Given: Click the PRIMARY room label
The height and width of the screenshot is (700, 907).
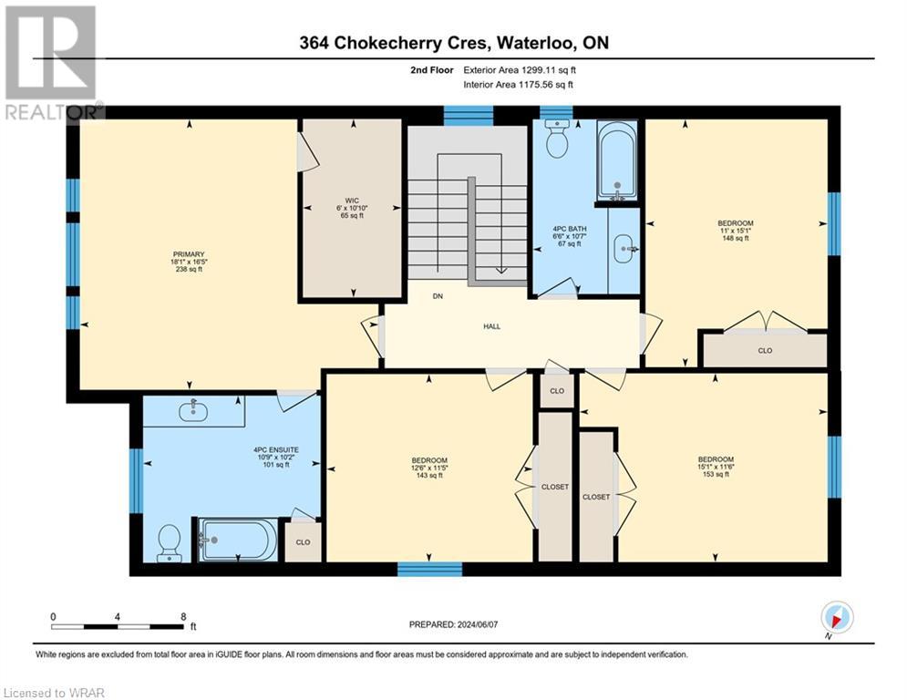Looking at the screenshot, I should (x=190, y=255).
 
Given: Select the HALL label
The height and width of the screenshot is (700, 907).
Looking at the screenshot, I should (x=491, y=326).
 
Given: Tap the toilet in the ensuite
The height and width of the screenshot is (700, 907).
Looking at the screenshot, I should (x=169, y=541).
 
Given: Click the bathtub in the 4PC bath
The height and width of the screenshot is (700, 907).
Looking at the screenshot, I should (x=617, y=162).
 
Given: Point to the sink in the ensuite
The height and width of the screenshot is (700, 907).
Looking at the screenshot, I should (x=193, y=412).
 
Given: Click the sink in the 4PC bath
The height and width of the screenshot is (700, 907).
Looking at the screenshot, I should (x=624, y=247).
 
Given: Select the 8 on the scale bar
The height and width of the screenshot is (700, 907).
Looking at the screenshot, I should (x=183, y=616).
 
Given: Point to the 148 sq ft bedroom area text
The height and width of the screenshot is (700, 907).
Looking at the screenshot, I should (x=735, y=239).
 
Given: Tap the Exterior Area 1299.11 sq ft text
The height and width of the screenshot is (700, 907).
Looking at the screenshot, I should (x=520, y=69).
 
